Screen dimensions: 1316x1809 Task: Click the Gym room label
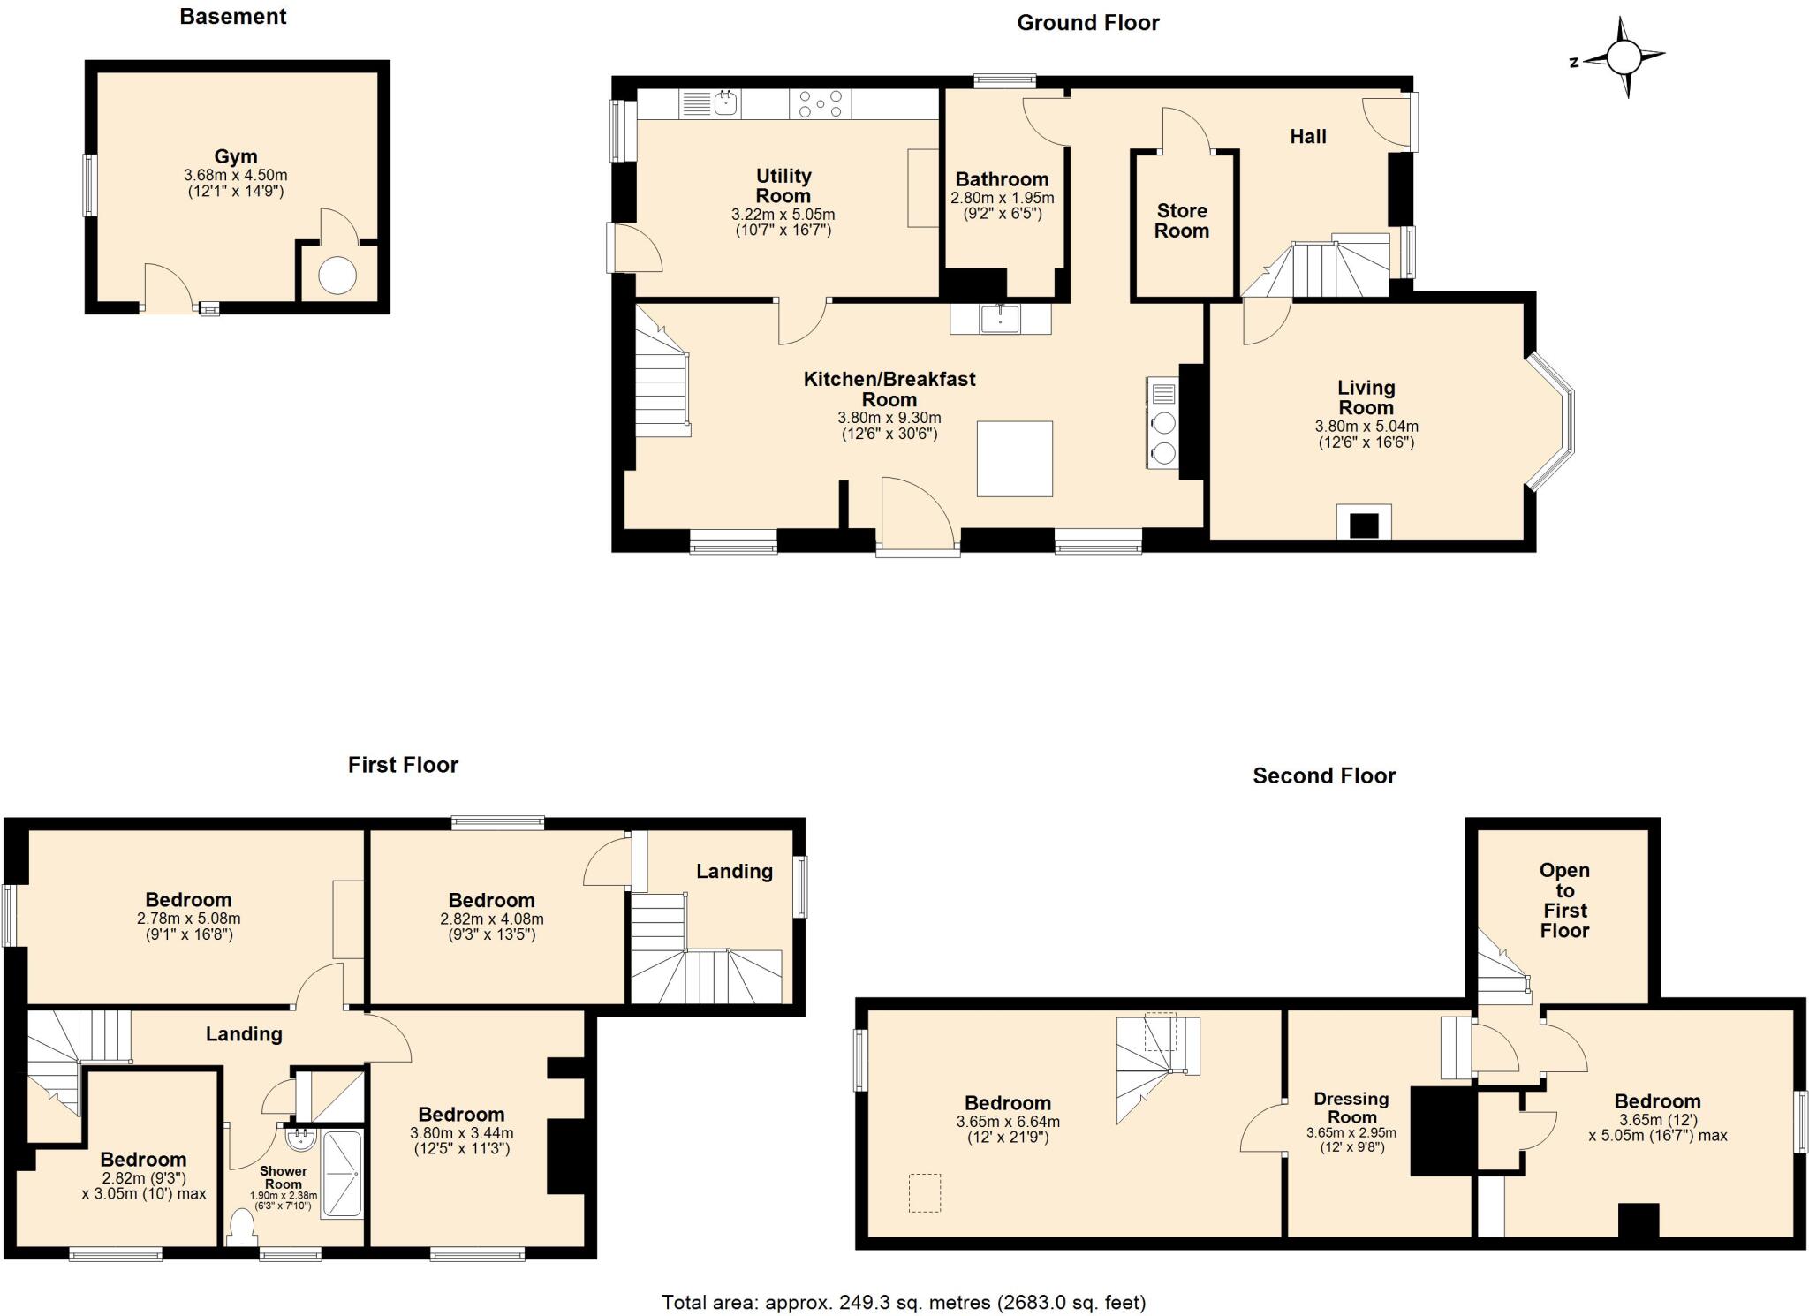(x=235, y=157)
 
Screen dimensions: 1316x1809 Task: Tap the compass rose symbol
(x=1623, y=59)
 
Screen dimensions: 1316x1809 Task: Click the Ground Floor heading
(x=1087, y=23)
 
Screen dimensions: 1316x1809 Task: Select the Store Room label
(x=1181, y=221)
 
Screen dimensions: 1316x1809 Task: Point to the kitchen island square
(x=1014, y=458)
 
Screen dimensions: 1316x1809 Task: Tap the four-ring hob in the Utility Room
(x=821, y=104)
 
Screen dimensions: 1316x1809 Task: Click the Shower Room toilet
(x=240, y=1227)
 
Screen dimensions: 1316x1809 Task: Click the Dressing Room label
(x=1351, y=1108)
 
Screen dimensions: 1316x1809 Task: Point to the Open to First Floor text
(x=1564, y=900)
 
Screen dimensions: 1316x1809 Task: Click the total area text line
(x=904, y=1302)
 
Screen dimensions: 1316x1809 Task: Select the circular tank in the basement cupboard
(x=337, y=276)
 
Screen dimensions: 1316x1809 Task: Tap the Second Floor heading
(x=1323, y=776)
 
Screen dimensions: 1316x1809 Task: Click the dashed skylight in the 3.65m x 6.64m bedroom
(x=925, y=1192)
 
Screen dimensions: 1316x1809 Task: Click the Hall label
(x=1307, y=137)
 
